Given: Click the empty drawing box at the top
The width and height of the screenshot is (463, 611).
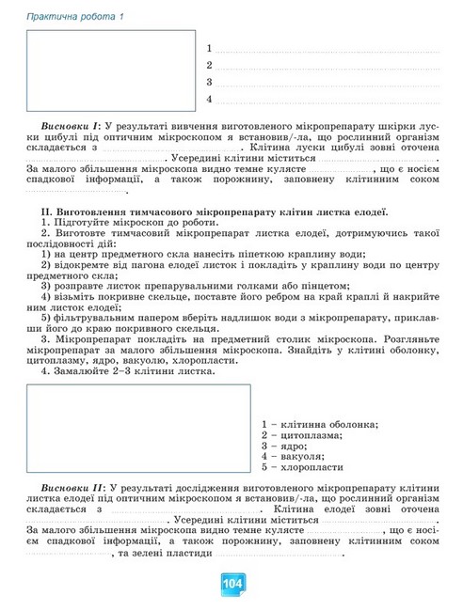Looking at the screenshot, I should click(x=110, y=70).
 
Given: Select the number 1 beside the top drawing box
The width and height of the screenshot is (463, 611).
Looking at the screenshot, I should click(x=208, y=48).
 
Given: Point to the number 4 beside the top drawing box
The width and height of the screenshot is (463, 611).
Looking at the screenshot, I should click(x=208, y=99).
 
